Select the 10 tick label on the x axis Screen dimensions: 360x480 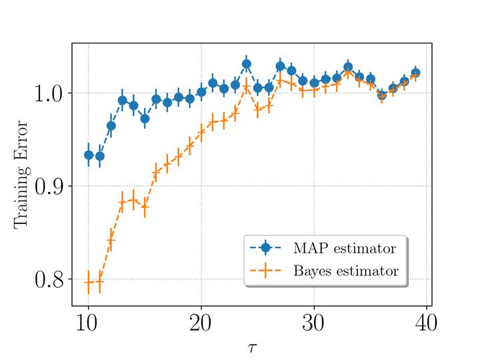[88, 324]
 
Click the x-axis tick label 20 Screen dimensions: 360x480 [201, 324]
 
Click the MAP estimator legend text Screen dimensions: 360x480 [344, 248]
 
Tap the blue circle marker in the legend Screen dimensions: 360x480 [266, 248]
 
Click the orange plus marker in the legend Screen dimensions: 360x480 [266, 271]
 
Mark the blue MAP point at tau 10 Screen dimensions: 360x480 [88, 155]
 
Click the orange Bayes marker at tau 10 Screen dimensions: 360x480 [88, 283]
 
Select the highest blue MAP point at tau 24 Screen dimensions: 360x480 [246, 64]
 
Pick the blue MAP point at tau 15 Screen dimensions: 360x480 [145, 119]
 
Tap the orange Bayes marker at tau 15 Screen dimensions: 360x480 [145, 207]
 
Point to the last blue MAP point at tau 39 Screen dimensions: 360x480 [415, 73]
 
